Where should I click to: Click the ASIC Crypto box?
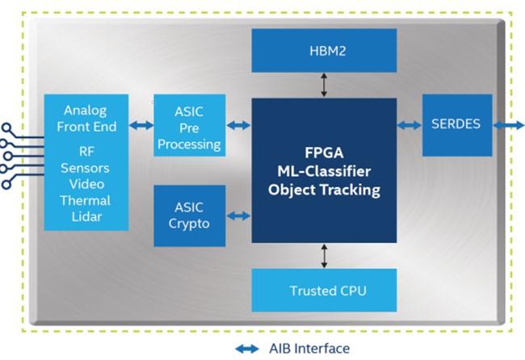click(189, 216)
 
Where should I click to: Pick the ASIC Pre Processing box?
click(189, 125)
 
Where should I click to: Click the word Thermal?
click(85, 200)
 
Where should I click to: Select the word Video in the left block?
click(85, 185)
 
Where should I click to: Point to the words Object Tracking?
click(324, 191)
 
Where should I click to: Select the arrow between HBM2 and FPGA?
click(324, 84)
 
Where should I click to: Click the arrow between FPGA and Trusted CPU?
click(324, 255)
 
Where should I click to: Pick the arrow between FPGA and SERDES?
click(409, 125)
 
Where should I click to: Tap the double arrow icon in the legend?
click(247, 349)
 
